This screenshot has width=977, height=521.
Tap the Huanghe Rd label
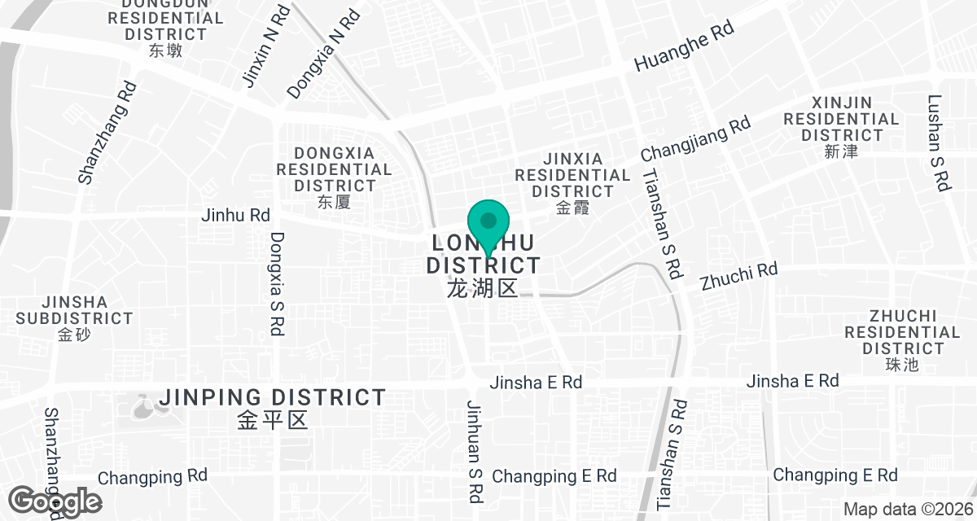tap(684, 46)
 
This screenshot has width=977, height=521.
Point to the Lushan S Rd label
tap(938, 143)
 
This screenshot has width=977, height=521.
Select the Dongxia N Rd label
tap(322, 54)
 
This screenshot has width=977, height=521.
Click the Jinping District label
tap(273, 398)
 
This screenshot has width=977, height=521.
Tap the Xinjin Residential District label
tap(841, 119)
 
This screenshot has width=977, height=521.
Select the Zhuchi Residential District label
tap(902, 332)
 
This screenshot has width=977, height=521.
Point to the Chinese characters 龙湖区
tap(483, 288)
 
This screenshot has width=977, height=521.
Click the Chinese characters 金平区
tap(273, 420)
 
